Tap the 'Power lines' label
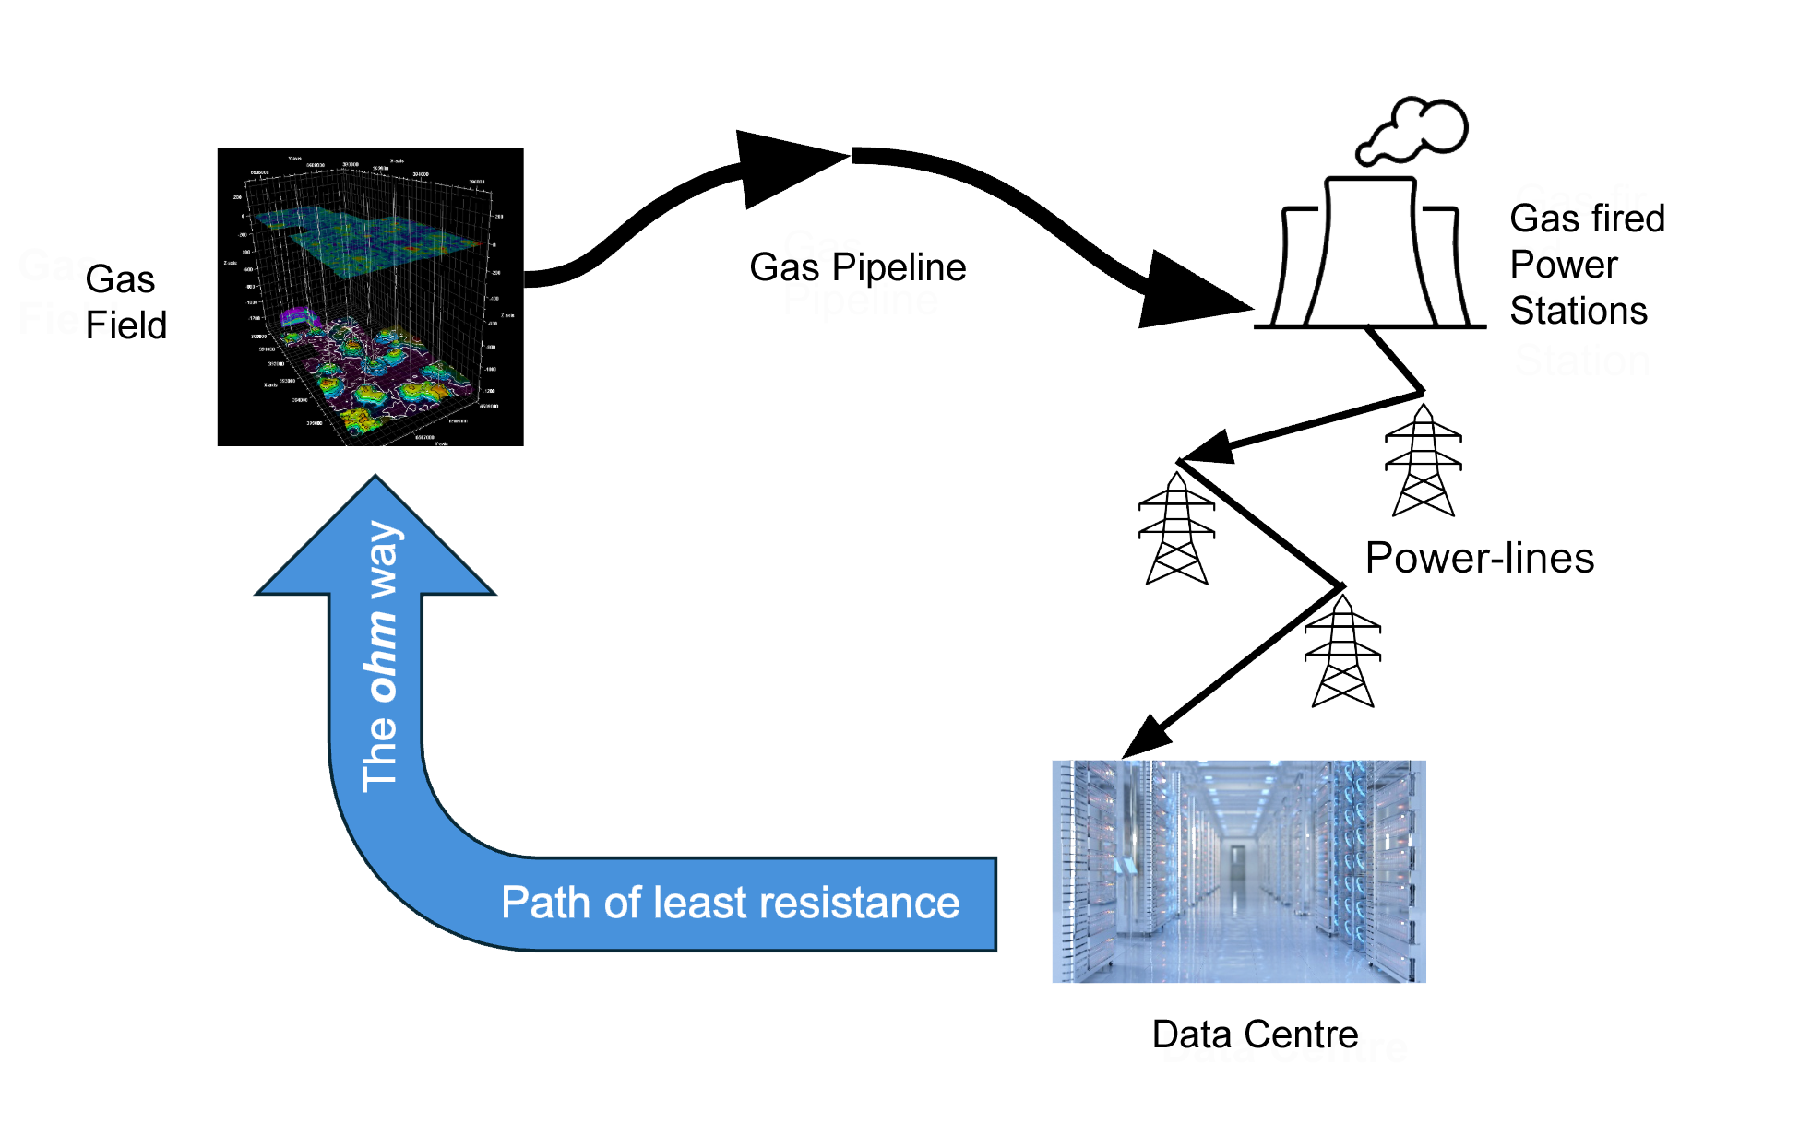coord(1480,559)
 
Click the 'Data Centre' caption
coord(1284,1047)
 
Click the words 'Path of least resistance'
coord(730,903)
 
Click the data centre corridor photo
coord(1238,871)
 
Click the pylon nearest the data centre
coord(1342,651)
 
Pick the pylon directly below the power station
coord(1423,461)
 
